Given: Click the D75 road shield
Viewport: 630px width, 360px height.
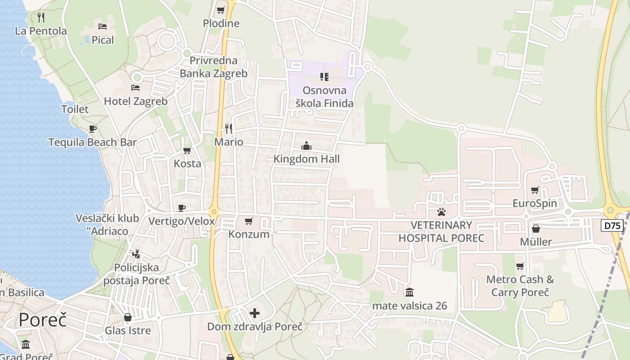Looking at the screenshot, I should point(612,225).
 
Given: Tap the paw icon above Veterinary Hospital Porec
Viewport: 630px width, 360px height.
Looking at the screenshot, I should point(441,211).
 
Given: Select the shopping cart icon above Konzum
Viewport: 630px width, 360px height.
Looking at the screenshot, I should point(248,221).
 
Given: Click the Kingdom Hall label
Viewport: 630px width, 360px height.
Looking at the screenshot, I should point(306,159).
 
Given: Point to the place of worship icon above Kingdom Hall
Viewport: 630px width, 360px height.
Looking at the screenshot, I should point(306,146).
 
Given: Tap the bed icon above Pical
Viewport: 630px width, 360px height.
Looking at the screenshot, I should point(103,27).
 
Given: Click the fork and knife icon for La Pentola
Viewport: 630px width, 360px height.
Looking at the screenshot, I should point(41,18).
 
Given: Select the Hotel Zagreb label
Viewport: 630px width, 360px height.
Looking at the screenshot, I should point(135,101).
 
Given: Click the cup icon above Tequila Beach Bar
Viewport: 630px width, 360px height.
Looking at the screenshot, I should point(93,129).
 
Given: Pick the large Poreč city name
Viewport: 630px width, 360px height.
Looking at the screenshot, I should point(43,320).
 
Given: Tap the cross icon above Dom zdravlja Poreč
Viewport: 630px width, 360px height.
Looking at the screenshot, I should point(255,313).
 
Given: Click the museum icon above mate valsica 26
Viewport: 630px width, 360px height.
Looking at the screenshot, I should point(409,292).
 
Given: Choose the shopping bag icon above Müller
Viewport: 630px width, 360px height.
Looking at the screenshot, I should point(535,229).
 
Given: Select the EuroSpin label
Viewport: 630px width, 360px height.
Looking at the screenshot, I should point(535,203).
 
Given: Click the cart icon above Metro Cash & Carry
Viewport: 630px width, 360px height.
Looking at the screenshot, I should point(520,266).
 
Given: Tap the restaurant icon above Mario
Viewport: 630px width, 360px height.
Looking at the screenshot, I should point(229,129).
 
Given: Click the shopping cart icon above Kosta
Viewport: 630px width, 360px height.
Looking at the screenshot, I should point(187,150).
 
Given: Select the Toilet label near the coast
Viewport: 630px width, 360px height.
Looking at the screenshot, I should point(75,109).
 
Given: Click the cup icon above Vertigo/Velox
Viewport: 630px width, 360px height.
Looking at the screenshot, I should point(181,207).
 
